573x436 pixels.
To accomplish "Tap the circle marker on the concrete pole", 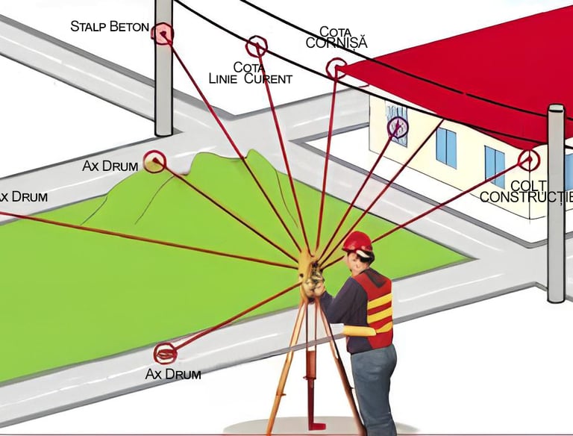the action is coord(162,33).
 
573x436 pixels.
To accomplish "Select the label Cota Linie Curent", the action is coord(250,72).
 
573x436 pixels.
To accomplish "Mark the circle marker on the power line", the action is coord(257,46).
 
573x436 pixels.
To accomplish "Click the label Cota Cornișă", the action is coord(336,37).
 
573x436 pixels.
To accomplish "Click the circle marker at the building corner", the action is coord(528,158).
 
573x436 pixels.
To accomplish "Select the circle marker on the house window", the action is coord(398,127).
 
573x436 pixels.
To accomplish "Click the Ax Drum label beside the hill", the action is coord(110,166).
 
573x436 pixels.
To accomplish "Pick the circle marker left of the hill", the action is coord(154,161).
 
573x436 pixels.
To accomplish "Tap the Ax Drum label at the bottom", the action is coord(173,373).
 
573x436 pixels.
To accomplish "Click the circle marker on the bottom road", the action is coord(165,352).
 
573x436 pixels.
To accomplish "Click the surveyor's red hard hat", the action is coord(357,241).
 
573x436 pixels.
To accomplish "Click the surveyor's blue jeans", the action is coord(374,388).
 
